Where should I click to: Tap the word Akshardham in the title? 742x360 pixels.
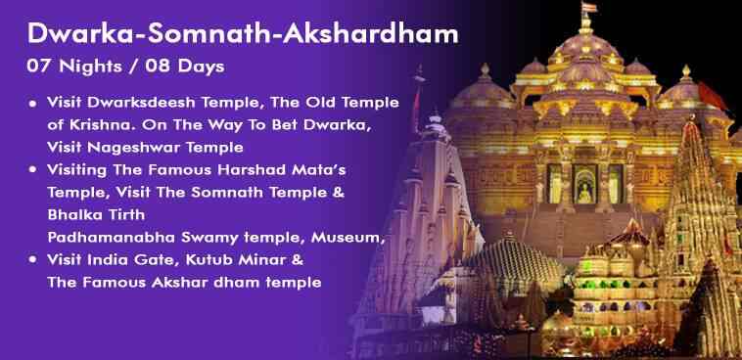(371, 33)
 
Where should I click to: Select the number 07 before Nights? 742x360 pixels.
(39, 67)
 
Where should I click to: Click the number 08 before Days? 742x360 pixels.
(158, 67)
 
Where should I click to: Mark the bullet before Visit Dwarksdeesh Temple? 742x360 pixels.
(32, 103)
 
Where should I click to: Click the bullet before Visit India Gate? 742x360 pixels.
(32, 260)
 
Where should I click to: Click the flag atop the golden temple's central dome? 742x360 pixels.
(589, 8)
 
